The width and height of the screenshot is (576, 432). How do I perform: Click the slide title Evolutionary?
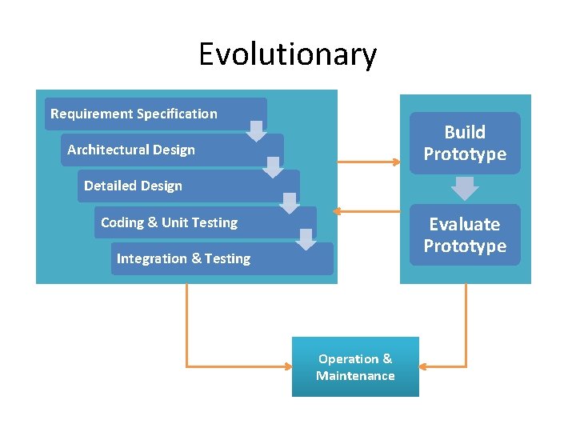click(x=287, y=54)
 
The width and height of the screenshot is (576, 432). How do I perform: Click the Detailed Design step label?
click(x=133, y=186)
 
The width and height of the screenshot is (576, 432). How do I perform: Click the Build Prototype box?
click(x=465, y=143)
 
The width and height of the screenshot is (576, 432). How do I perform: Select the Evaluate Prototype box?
click(x=465, y=235)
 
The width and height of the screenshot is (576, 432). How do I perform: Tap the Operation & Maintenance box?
click(x=355, y=367)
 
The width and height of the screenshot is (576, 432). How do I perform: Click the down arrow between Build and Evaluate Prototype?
click(x=465, y=188)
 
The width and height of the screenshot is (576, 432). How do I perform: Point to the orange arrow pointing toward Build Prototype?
click(x=369, y=162)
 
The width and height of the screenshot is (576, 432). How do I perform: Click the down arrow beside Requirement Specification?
click(x=256, y=131)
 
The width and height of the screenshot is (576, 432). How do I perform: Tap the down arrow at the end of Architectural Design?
click(x=273, y=166)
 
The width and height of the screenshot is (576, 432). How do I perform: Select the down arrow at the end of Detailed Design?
click(x=289, y=203)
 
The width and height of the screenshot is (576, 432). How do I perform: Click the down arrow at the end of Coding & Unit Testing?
click(x=306, y=239)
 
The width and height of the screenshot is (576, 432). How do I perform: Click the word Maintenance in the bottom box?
click(x=355, y=376)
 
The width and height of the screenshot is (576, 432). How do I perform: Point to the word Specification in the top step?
click(x=177, y=114)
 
